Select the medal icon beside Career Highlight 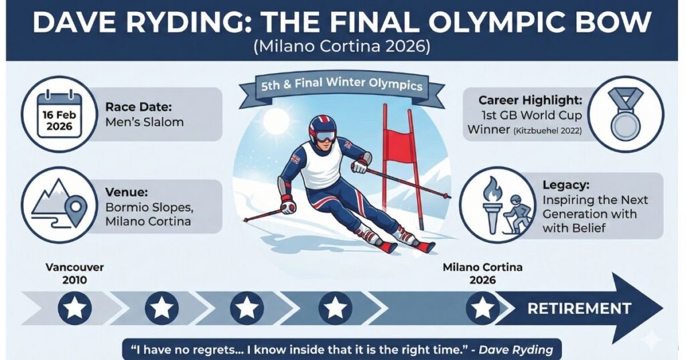tap(626, 114)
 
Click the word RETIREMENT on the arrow tap(579, 308)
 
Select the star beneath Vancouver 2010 tap(75, 308)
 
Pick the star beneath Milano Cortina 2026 tap(482, 308)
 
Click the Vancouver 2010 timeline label tap(74, 274)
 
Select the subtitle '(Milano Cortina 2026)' tap(342, 46)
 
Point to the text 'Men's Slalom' tap(145, 122)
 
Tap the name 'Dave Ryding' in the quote tap(516, 349)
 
